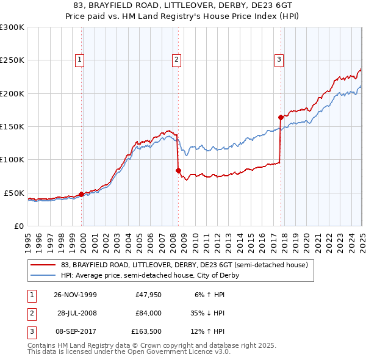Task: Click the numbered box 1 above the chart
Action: (81, 60)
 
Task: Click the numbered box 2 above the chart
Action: (176, 60)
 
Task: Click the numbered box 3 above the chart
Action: (279, 60)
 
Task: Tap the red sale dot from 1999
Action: (82, 194)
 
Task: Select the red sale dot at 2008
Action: (178, 170)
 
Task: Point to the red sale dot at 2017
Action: (281, 117)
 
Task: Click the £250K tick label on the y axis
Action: (12, 60)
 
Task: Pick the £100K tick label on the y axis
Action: (12, 160)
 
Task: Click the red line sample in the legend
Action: (42, 265)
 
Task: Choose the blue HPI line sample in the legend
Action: (42, 275)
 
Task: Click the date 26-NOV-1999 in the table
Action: (76, 295)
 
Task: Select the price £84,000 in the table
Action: (148, 313)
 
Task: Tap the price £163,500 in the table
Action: (146, 332)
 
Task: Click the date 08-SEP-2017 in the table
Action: (76, 332)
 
